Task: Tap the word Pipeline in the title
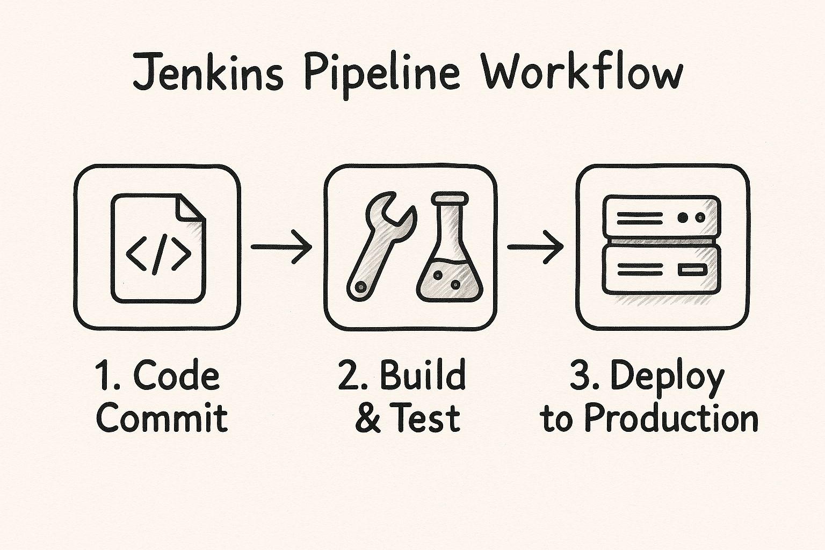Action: coord(382,74)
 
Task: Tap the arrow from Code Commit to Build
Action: coord(281,247)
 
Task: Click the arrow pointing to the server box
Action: coord(535,247)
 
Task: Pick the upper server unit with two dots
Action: coord(661,218)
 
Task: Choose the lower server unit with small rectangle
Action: coord(661,270)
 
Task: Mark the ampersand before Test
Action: coord(367,418)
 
